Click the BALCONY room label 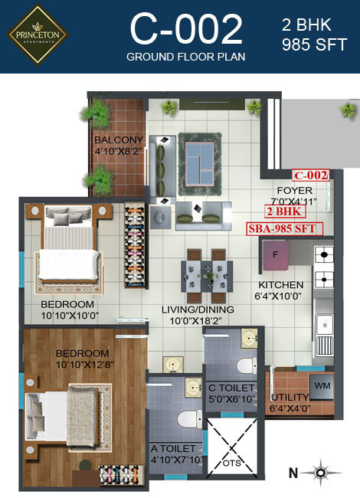tap(119, 140)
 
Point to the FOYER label tap(293, 192)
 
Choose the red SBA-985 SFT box tap(281, 228)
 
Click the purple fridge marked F tap(276, 256)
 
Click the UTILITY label tap(290, 398)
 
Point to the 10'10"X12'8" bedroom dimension tap(83, 365)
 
